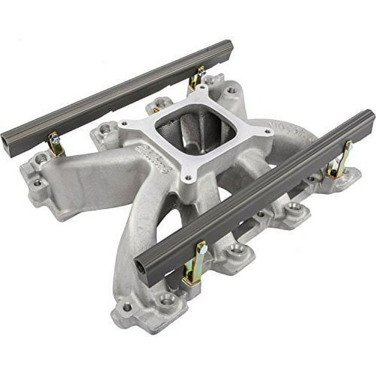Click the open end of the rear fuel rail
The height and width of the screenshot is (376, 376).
12,143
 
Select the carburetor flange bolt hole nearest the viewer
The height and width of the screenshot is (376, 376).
188,178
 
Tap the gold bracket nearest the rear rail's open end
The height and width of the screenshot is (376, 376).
56,145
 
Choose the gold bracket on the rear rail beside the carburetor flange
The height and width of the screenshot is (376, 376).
195,78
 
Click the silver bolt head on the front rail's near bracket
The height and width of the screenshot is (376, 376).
202,249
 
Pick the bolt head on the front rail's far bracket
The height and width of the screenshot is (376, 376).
347,147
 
